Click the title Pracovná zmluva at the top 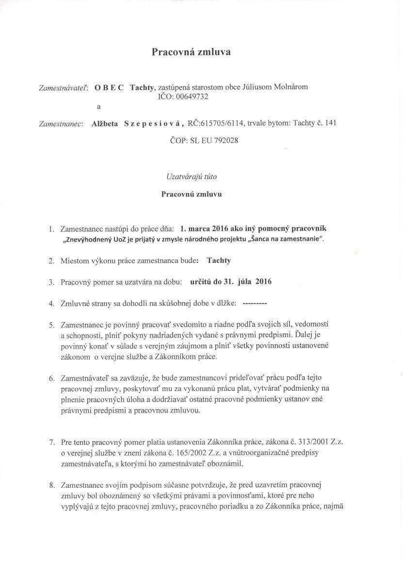click(191, 52)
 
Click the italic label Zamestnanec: click(61, 123)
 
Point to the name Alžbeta click(105, 123)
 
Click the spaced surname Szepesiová click(153, 123)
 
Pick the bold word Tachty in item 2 click(219, 260)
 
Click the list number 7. click(51, 443)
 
